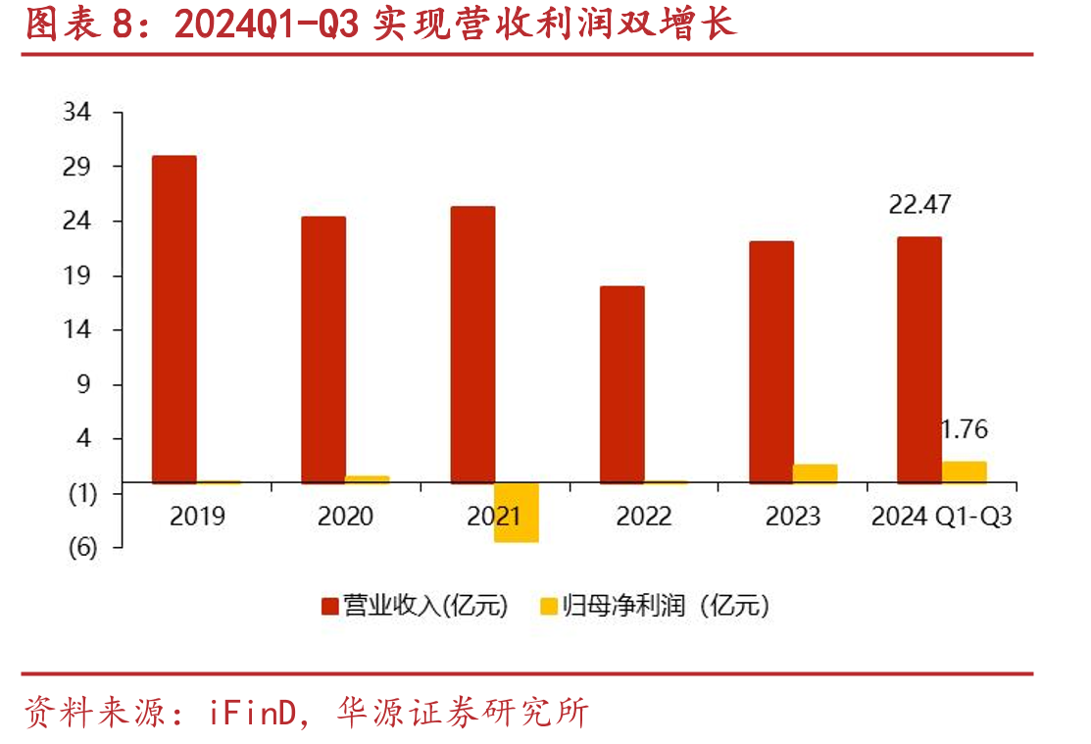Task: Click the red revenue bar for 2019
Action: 174,319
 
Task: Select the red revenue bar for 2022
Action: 622,384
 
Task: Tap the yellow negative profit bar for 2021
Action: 517,513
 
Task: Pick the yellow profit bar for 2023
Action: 815,473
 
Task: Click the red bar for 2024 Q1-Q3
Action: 919,360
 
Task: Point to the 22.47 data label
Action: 919,204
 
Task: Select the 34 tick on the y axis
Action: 76,112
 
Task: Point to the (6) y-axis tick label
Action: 82,548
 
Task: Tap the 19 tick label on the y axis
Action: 76,275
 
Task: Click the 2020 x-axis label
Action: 345,517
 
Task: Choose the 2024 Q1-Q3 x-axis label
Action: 941,517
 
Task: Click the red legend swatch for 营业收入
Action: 329,606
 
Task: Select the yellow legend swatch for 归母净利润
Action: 549,606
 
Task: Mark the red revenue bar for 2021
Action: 472,344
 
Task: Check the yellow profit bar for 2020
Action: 368,479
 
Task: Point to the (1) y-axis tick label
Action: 82,493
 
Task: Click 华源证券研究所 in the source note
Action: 463,713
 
